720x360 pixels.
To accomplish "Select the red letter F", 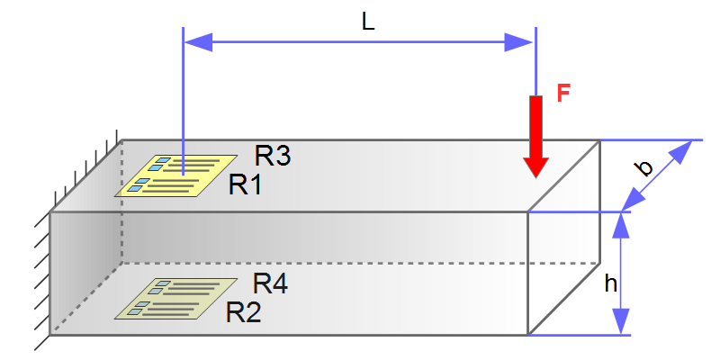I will click(x=563, y=94).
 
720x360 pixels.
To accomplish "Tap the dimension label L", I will click(x=367, y=23).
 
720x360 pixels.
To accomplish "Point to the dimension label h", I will click(x=610, y=283).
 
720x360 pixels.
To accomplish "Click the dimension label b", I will click(x=643, y=167).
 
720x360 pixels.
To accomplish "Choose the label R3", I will click(x=273, y=156).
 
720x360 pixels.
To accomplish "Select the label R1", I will click(x=245, y=184).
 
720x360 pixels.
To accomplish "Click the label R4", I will click(x=270, y=283).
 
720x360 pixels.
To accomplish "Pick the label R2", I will click(x=243, y=312).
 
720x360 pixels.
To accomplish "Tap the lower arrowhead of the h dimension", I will click(x=619, y=322).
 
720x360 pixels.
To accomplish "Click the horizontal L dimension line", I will click(x=360, y=41).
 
